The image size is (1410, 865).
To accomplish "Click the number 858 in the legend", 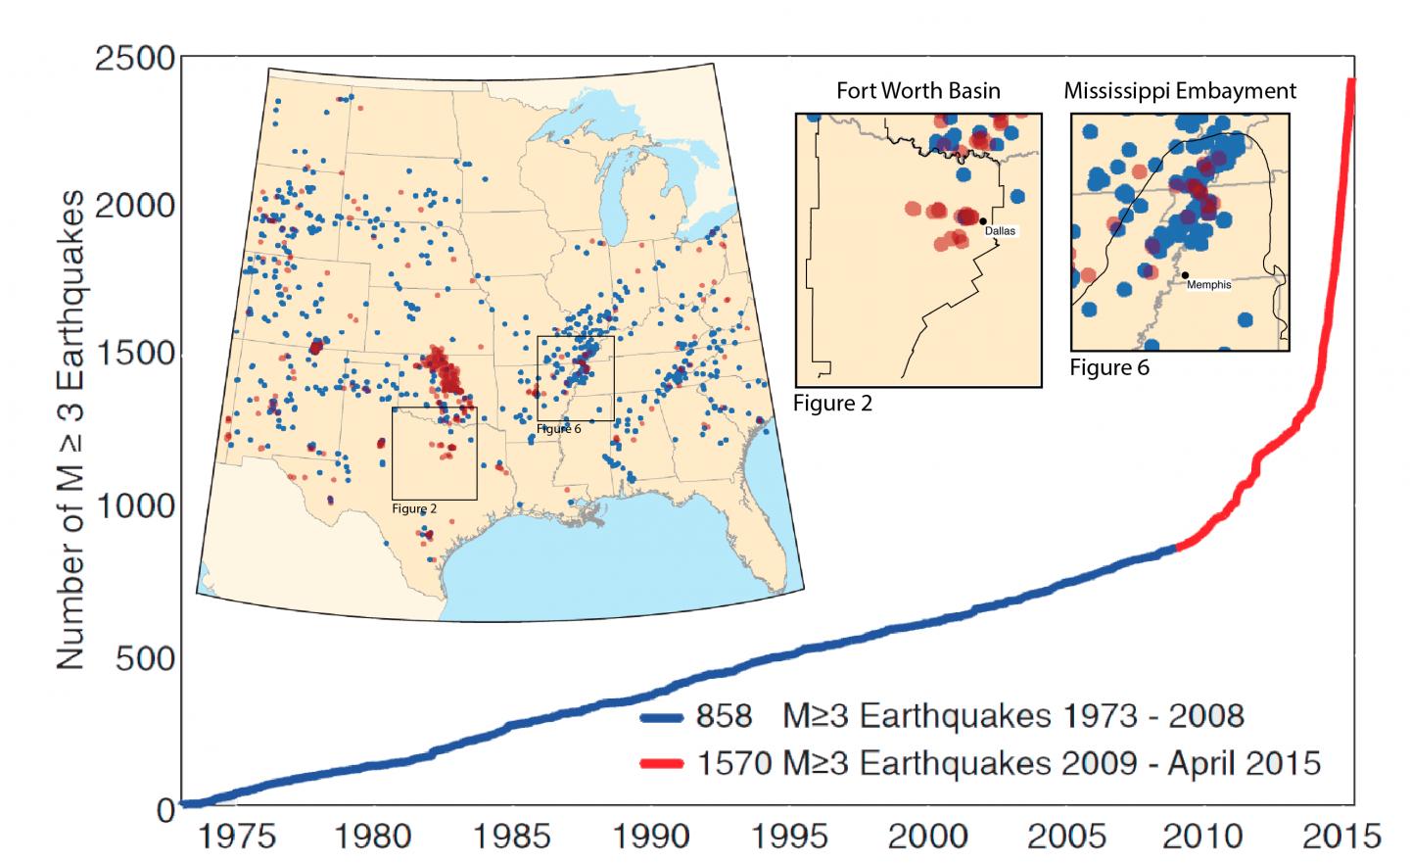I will [x=725, y=716].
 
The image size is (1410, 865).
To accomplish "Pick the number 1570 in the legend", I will [x=733, y=762].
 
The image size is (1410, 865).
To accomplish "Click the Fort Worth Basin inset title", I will [x=917, y=91].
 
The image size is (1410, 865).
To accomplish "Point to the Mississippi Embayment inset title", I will [x=1180, y=91].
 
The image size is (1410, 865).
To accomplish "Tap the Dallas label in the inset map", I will [x=1001, y=231].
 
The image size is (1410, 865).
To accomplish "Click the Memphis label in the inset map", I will [x=1208, y=285].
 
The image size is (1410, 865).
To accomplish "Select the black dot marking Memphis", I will [x=1185, y=275].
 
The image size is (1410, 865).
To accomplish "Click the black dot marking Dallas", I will [x=982, y=221].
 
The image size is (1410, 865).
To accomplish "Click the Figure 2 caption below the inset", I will [x=832, y=403].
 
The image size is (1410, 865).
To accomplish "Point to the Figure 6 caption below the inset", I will [x=1108, y=367].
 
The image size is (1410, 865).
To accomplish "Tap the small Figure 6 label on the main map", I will [x=559, y=429].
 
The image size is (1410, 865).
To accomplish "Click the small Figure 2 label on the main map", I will [x=414, y=508].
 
